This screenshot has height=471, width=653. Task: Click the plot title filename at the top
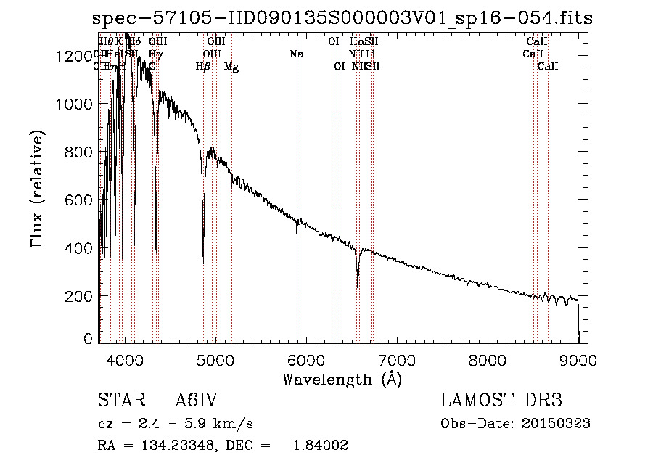click(x=344, y=20)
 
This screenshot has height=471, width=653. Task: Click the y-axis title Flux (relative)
click(x=37, y=189)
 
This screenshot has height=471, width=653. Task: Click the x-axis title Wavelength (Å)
click(x=342, y=379)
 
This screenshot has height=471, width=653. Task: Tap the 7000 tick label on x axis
click(x=397, y=359)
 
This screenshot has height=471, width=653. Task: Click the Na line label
click(x=296, y=54)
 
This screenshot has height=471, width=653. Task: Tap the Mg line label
click(x=231, y=67)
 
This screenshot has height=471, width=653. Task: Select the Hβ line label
click(x=203, y=67)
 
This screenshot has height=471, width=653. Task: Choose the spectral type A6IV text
click(x=196, y=401)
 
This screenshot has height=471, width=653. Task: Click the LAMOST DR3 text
click(x=501, y=401)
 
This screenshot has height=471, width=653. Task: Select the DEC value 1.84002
click(x=319, y=446)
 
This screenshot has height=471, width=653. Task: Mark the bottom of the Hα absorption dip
click(x=358, y=287)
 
